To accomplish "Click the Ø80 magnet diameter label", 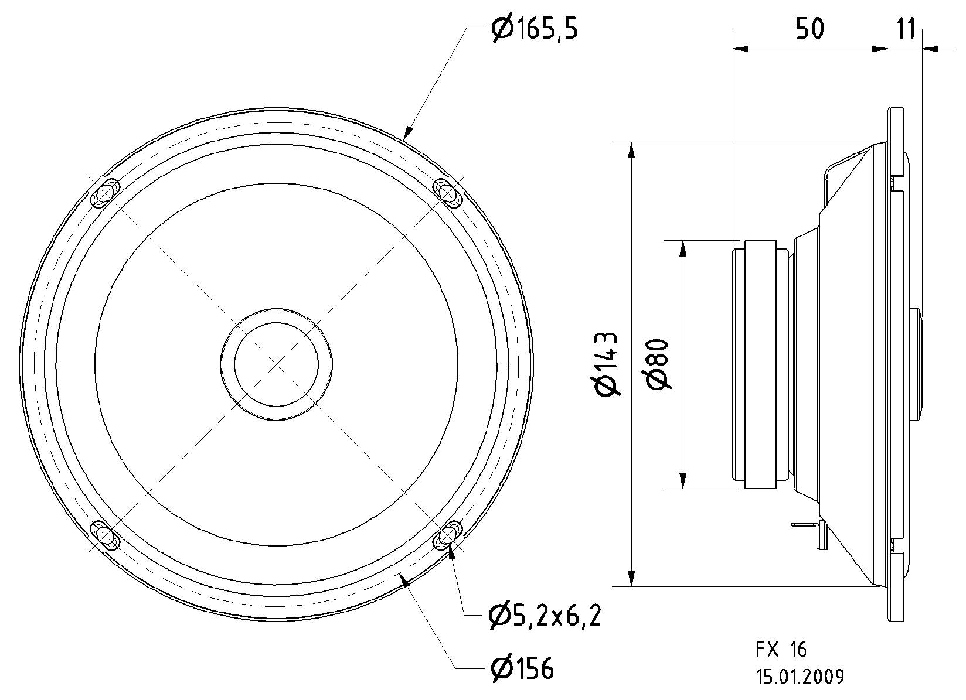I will point(659,364).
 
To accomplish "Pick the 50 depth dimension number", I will point(809,29).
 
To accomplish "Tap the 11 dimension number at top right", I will point(906,29).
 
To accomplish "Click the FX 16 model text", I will point(781,650).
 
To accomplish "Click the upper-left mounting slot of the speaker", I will point(106,193).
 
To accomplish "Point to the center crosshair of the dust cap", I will point(277,364).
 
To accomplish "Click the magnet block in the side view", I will point(760,364).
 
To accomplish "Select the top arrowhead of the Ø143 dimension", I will point(631,150).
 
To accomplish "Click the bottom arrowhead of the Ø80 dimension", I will point(682,480).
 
